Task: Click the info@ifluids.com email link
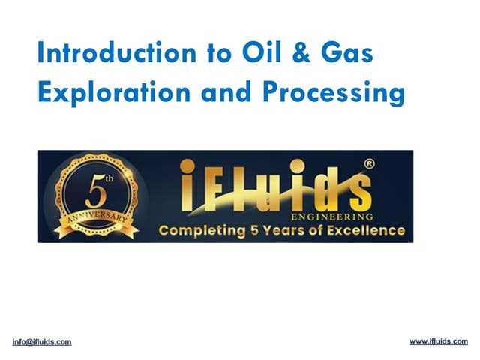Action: coord(42,342)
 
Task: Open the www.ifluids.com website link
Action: coord(438,341)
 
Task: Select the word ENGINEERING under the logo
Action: coord(330,216)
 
